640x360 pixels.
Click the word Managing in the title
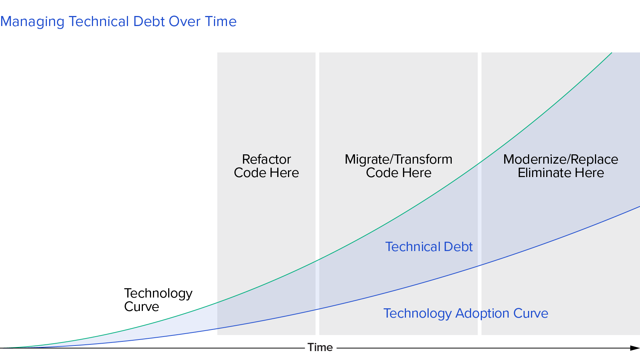32,22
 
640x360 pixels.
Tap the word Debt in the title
149,22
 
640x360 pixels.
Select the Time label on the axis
320,347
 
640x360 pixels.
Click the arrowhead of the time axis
635,348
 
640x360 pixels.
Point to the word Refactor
266,159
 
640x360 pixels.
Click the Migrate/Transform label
399,159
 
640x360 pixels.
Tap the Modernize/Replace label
561,159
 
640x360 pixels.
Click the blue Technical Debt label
429,247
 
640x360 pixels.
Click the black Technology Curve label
158,300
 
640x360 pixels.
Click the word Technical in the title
99,22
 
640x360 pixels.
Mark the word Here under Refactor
284,173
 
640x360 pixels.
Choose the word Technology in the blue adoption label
418,314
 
